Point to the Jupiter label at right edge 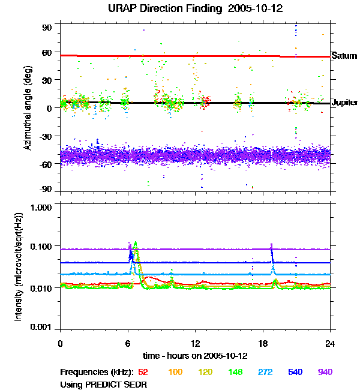[x=345, y=103]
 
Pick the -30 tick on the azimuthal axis [x=46, y=136]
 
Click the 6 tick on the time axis [x=128, y=343]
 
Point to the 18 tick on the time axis [x=263, y=343]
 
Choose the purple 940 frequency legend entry [x=325, y=372]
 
